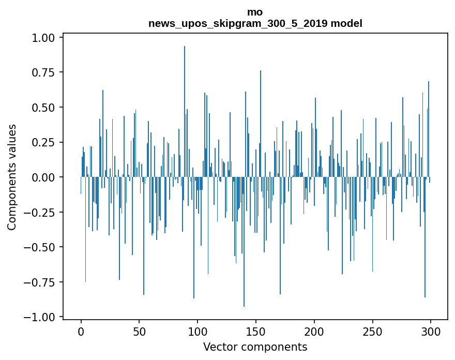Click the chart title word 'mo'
click(x=255, y=12)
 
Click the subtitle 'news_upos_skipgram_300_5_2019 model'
click(x=255, y=23)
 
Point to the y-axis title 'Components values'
click(x=12, y=177)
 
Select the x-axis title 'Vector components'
click(x=255, y=347)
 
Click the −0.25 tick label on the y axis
click(x=41, y=212)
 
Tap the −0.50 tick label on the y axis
click(x=41, y=247)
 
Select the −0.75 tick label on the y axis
click(x=41, y=282)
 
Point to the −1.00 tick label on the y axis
click(x=41, y=317)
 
